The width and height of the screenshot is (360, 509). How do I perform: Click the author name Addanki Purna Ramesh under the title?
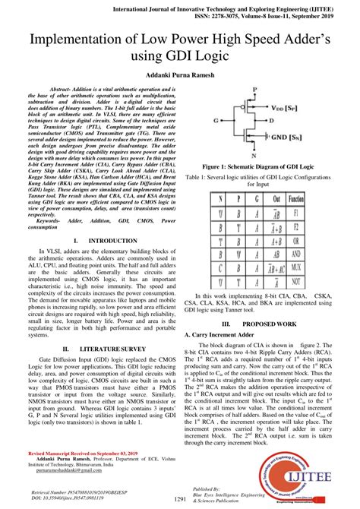pos(180,77)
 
